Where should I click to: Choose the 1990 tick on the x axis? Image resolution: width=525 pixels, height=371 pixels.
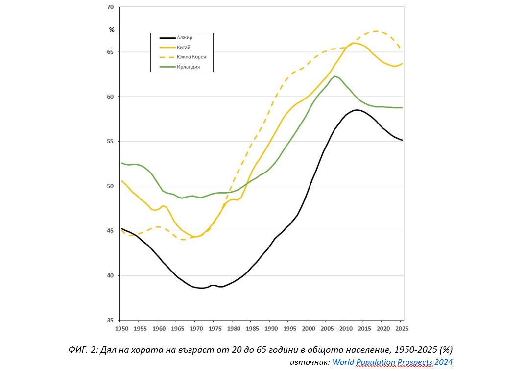tap(271, 328)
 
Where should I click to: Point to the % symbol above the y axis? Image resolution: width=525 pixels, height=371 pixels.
tap(112, 30)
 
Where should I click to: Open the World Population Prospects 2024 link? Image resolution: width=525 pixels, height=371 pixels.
tap(392, 362)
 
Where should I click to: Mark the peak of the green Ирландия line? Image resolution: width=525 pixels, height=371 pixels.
tap(335, 76)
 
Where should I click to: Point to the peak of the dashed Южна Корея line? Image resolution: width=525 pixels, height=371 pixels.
tap(376, 31)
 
